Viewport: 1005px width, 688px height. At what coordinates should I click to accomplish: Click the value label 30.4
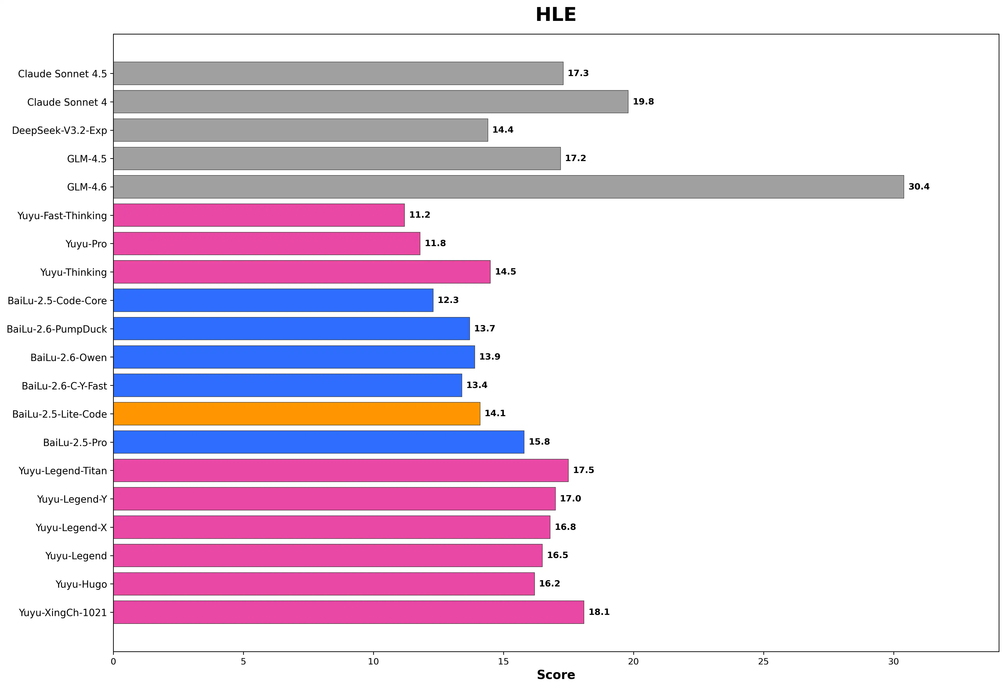click(918, 187)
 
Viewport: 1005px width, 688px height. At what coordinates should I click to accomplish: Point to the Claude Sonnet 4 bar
click(370, 102)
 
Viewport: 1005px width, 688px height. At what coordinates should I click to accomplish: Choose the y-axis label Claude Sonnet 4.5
click(62, 74)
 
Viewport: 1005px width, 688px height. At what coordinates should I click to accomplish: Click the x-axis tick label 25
click(763, 662)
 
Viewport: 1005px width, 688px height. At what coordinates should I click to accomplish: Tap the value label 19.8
click(643, 102)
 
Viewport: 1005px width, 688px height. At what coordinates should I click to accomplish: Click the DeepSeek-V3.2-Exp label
click(59, 130)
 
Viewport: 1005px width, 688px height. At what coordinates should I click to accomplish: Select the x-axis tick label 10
click(373, 662)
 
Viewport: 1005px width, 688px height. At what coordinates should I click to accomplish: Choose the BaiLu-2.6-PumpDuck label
click(57, 329)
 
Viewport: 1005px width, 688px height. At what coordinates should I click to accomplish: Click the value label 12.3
click(448, 300)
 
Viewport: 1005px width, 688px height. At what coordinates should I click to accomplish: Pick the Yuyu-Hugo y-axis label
click(81, 584)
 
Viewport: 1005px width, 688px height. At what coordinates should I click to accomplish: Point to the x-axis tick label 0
click(113, 662)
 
